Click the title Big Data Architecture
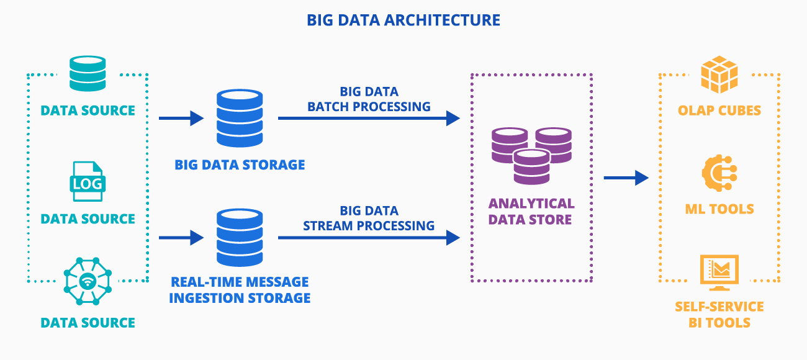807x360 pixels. click(x=403, y=20)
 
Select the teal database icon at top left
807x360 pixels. click(x=88, y=74)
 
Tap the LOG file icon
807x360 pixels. click(x=88, y=181)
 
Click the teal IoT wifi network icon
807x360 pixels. click(x=88, y=282)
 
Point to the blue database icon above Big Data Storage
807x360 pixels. click(x=240, y=119)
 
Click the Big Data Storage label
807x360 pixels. click(x=240, y=165)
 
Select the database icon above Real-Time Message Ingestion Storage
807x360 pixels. click(x=240, y=238)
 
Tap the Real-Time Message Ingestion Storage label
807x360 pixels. click(x=240, y=290)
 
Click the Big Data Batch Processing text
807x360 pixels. click(x=369, y=99)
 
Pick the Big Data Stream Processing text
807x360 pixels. click(x=369, y=218)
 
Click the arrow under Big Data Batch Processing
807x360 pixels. click(x=369, y=118)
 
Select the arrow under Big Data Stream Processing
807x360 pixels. click(x=369, y=237)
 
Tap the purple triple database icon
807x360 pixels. click(x=531, y=155)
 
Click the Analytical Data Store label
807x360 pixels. click(x=531, y=212)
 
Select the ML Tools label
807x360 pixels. click(x=719, y=209)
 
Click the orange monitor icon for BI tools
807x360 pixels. click(x=719, y=272)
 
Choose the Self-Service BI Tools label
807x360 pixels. click(x=719, y=315)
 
